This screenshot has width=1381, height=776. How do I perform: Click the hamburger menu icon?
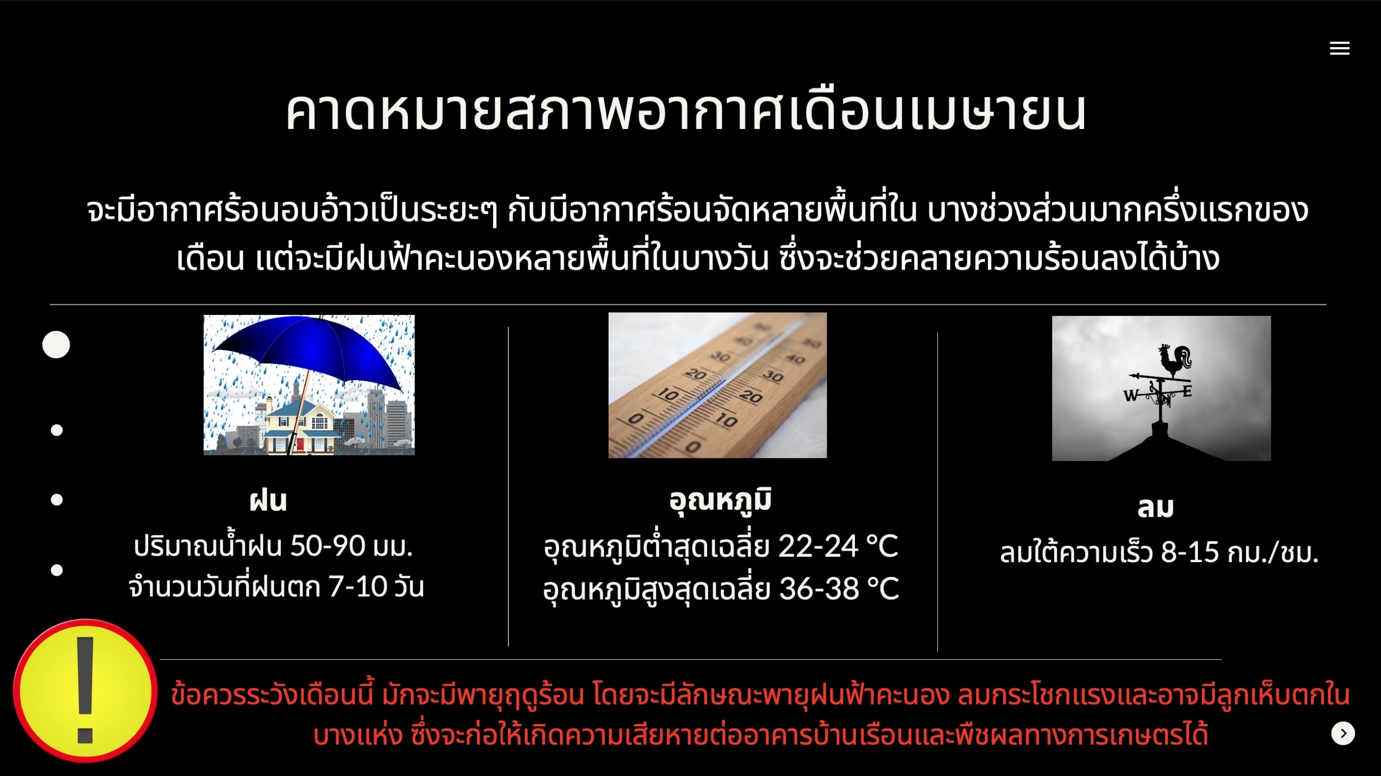point(1339,48)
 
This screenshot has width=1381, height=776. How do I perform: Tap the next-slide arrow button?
point(1343,733)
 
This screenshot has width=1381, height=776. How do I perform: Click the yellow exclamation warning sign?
point(85,691)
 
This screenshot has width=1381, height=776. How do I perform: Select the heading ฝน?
point(268,500)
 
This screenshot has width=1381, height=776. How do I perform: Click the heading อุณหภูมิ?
point(720,500)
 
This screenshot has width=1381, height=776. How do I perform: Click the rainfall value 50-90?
point(328,546)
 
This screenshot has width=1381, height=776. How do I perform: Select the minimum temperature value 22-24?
point(818,546)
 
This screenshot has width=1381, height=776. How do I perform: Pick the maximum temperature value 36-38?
point(819,588)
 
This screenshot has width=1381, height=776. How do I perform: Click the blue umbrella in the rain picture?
point(309,354)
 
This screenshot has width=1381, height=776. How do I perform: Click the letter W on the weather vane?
point(1131,395)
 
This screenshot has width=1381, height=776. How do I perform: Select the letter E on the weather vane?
point(1187,391)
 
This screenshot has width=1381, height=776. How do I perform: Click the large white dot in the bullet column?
point(56,345)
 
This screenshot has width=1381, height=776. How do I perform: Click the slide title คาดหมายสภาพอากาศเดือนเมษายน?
point(686,111)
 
